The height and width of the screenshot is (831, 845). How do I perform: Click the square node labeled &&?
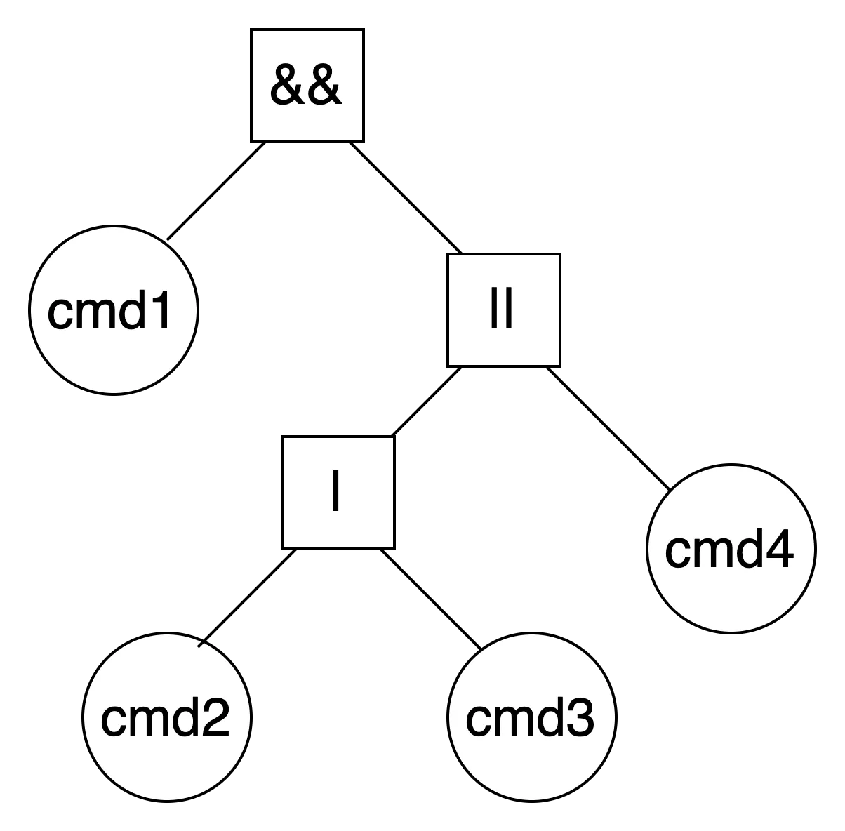pos(307,86)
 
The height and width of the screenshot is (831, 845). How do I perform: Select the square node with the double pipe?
pos(503,310)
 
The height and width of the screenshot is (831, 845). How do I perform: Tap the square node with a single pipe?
pos(338,493)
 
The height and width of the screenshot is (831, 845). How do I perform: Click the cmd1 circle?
pos(113,310)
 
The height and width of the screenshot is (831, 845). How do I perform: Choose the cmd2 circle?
pos(166,717)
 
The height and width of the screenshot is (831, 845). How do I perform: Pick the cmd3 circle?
pos(531,717)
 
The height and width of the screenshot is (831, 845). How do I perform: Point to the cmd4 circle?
pos(730,549)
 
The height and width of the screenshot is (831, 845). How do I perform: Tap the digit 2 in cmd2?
pos(215,717)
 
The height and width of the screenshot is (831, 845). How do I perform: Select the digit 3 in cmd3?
pos(579,717)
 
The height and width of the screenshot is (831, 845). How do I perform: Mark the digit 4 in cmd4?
pos(779,549)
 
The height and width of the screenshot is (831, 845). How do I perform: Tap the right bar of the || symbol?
pos(510,310)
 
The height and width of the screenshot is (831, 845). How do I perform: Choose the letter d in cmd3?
pos(550,717)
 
